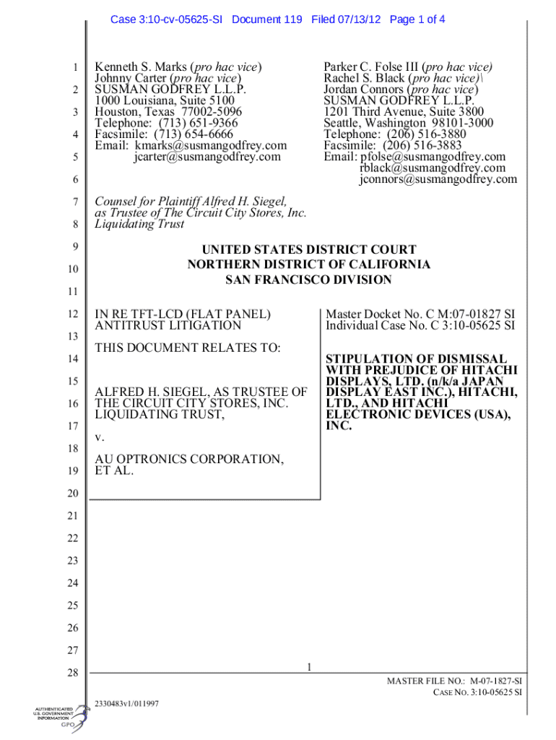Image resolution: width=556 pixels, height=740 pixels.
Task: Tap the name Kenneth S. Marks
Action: tap(137, 68)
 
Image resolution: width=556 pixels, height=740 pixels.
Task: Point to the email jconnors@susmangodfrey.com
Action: tap(438, 179)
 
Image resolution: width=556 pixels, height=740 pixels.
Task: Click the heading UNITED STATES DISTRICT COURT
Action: tap(308, 250)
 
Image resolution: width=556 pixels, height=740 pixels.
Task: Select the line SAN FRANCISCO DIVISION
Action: tap(308, 280)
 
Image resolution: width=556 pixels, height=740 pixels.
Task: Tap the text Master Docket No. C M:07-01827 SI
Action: tap(420, 314)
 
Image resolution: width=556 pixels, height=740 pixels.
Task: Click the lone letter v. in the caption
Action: tap(100, 438)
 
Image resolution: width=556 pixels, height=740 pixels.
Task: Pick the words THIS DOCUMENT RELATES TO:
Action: tap(188, 348)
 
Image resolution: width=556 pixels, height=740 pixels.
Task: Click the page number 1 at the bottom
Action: tap(308, 667)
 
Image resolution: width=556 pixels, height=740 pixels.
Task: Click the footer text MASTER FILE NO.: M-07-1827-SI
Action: tap(455, 681)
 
